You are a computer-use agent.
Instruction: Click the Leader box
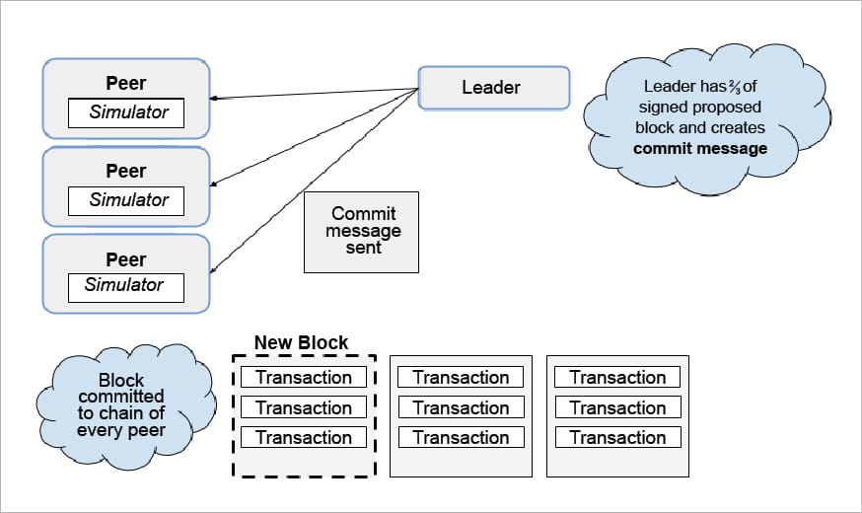pyautogui.click(x=493, y=88)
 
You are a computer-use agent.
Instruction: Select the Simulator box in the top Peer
pyautogui.click(x=125, y=112)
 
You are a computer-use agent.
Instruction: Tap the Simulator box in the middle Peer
pyautogui.click(x=125, y=200)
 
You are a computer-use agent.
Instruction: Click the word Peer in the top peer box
pyautogui.click(x=125, y=83)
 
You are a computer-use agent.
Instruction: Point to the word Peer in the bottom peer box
pyautogui.click(x=125, y=259)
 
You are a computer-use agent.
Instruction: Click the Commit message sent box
pyautogui.click(x=361, y=232)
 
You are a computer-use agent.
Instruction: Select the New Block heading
pyautogui.click(x=301, y=343)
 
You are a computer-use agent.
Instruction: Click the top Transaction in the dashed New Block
pyautogui.click(x=303, y=377)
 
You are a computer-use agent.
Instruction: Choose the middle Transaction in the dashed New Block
pyautogui.click(x=303, y=407)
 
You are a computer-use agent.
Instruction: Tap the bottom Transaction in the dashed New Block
pyautogui.click(x=303, y=437)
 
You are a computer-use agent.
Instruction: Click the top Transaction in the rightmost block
pyautogui.click(x=617, y=377)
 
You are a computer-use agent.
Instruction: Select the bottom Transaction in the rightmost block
pyautogui.click(x=617, y=437)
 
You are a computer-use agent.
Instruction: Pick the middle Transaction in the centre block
pyautogui.click(x=461, y=407)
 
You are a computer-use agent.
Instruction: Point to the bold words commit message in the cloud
pyautogui.click(x=699, y=149)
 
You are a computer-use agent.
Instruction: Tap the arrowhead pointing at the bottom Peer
pyautogui.click(x=214, y=270)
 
